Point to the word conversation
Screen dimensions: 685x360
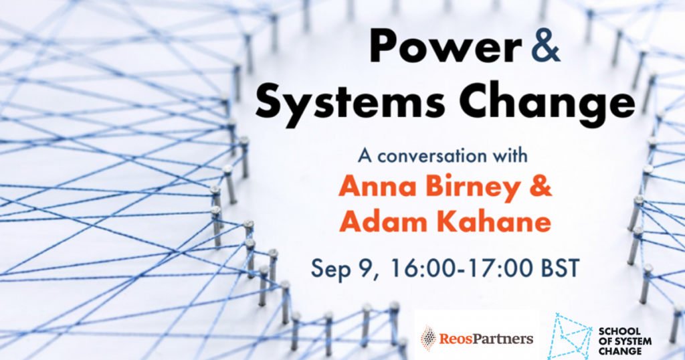click(x=439, y=157)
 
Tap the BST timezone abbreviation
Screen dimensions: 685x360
click(x=560, y=268)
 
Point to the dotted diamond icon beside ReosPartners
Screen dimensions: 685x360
click(x=428, y=338)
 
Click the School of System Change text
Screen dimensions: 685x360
click(x=625, y=341)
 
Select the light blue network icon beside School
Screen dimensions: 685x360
click(x=569, y=337)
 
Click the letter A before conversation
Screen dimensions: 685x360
click(x=365, y=157)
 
